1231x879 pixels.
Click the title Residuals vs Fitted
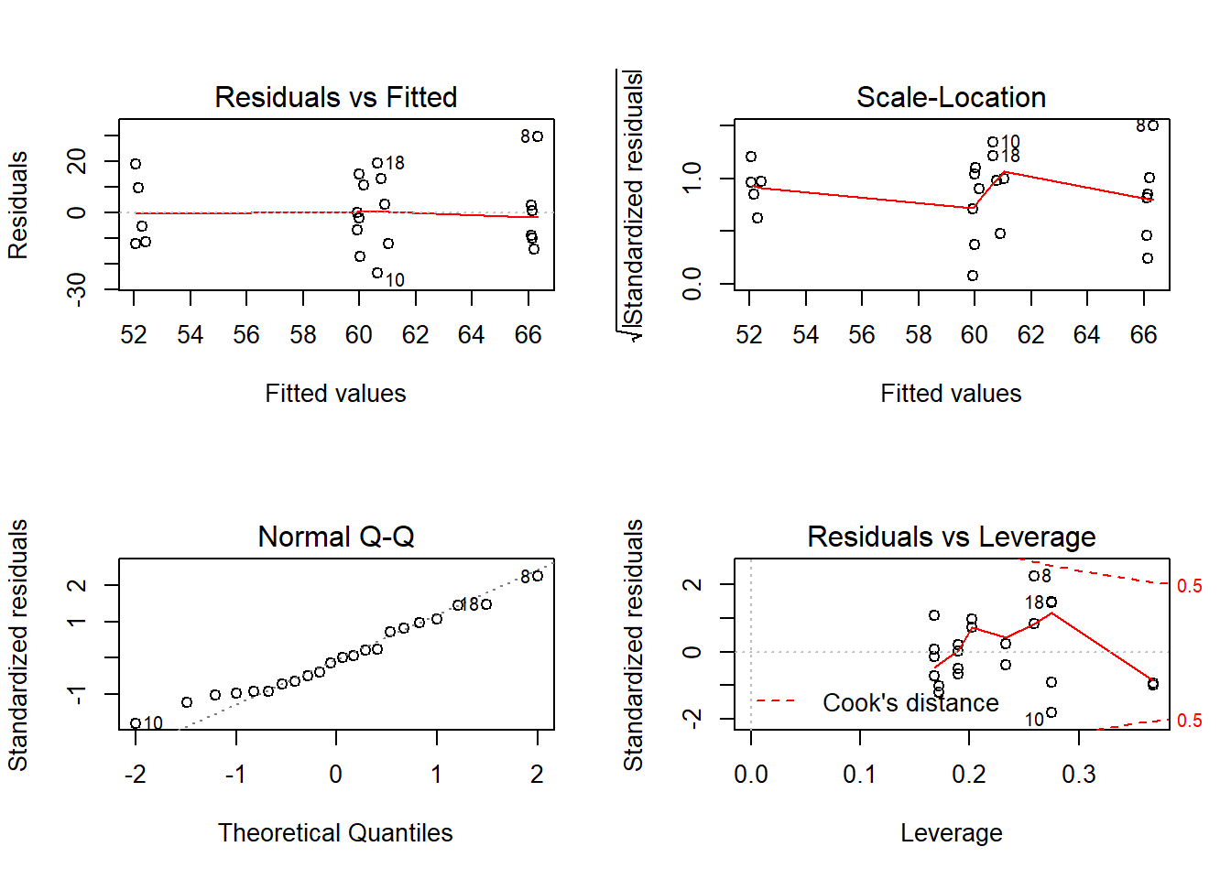pos(335,97)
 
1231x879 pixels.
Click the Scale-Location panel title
pos(951,97)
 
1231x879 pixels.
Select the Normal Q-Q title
pos(335,537)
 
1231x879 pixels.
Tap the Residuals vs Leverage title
pos(951,537)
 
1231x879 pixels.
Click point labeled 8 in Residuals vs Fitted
pos(538,136)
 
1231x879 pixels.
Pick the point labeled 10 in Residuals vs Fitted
pos(377,273)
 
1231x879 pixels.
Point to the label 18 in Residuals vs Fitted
pos(395,163)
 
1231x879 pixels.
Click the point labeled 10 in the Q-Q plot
pos(136,723)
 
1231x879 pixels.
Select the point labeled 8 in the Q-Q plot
pos(538,576)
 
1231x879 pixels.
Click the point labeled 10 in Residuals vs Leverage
pos(1051,712)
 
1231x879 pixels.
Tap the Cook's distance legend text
pos(910,703)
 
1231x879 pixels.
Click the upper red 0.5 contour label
pos(1189,586)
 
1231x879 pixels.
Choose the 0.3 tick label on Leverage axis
pos(1079,775)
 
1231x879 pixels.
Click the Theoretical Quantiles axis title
pos(335,832)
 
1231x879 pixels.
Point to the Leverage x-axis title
pos(951,832)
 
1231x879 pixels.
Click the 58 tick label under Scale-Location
pos(918,335)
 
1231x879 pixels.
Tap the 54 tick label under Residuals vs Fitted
pos(190,335)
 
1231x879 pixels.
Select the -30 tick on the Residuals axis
pos(77,288)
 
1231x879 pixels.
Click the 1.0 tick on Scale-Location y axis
pos(692,178)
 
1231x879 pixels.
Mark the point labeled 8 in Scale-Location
pos(1153,125)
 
